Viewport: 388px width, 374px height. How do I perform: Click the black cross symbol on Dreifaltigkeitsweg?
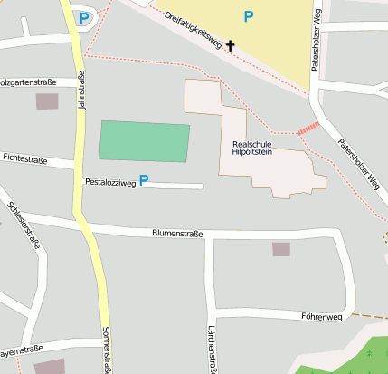pos(231,44)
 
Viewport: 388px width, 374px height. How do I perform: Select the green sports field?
pos(145,142)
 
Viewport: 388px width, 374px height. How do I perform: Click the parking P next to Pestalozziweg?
pos(143,181)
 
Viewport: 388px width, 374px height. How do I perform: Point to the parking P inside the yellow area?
pos(249,15)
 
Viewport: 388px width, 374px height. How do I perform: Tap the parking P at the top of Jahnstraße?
pos(83,17)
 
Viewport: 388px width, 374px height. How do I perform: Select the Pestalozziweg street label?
pos(109,183)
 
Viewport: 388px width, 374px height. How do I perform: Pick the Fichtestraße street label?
pos(24,158)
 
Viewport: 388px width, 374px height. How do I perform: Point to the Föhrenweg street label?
pos(322,317)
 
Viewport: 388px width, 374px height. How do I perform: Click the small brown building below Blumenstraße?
pos(281,249)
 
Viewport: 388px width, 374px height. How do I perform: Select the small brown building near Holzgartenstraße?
pos(46,101)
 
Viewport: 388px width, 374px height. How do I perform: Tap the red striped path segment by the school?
pos(309,129)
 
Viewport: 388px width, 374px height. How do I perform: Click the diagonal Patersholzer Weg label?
pos(359,164)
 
